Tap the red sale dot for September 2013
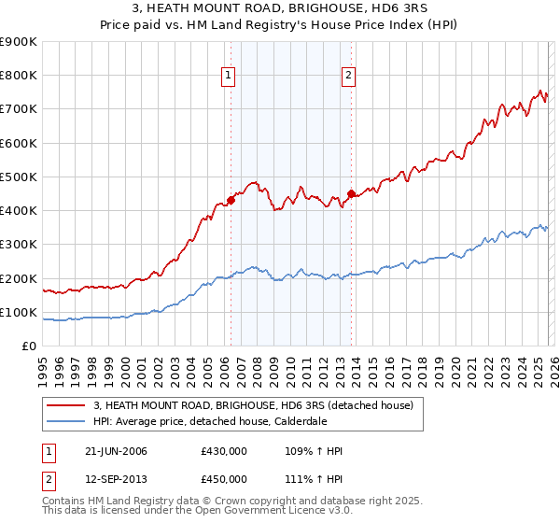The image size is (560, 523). [350, 194]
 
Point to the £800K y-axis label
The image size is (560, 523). [19, 76]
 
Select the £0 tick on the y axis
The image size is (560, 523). [30, 346]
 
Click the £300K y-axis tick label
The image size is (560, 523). [19, 245]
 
